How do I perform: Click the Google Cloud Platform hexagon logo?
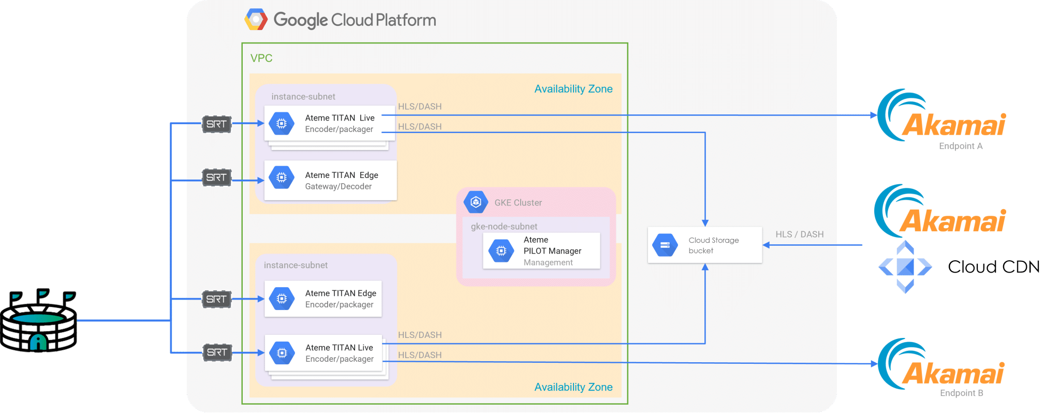coord(256,20)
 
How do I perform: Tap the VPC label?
coord(261,58)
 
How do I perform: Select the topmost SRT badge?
coord(216,124)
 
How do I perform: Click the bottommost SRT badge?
coord(217,352)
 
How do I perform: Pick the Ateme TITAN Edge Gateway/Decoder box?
coord(330,181)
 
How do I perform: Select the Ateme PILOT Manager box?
coord(541,251)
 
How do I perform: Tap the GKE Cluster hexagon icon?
coord(476,202)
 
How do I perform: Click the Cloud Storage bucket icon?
coord(665,245)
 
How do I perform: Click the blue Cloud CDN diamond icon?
coord(905,267)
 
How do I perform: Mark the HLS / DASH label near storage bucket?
coord(799,234)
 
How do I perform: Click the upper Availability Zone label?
coord(573,89)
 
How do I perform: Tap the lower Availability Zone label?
coord(573,387)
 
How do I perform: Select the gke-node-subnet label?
coord(504,227)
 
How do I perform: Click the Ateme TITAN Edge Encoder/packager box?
coord(323,299)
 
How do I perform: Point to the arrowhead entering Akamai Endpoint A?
coord(873,115)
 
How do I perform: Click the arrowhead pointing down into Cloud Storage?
coord(705,223)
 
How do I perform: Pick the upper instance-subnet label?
coord(303,97)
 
